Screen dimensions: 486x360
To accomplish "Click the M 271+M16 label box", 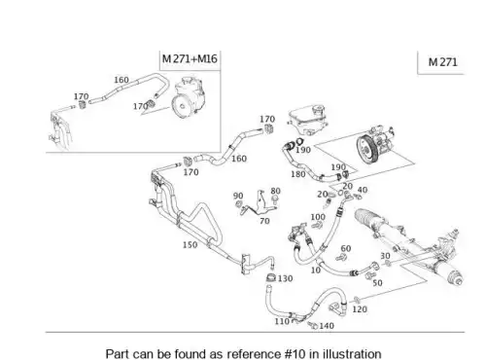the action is tap(190, 59).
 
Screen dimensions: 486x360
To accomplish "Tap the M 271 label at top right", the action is tap(442, 62).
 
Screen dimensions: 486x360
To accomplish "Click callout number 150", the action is tap(190, 245).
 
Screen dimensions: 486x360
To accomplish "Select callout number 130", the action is tap(285, 278).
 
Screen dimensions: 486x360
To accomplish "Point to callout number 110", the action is tap(282, 321).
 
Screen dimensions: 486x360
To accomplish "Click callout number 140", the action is tap(327, 326).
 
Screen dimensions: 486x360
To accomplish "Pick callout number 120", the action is tap(360, 309).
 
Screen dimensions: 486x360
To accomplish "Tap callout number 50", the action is tap(377, 283).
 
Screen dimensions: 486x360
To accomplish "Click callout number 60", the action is tap(346, 249).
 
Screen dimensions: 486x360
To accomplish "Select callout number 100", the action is tap(318, 217).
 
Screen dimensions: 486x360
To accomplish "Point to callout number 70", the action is tap(264, 221).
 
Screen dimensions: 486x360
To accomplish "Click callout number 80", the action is tap(275, 191).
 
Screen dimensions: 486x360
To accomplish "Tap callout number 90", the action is tap(238, 196).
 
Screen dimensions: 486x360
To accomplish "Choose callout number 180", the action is tap(298, 174).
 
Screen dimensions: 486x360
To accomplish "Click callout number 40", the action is tap(363, 190).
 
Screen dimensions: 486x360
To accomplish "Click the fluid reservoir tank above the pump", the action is tap(305, 119).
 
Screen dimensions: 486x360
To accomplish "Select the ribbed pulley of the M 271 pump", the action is tap(365, 150).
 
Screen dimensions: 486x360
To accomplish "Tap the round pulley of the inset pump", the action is tap(181, 105).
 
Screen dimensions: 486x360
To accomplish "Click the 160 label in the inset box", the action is tap(121, 80).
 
